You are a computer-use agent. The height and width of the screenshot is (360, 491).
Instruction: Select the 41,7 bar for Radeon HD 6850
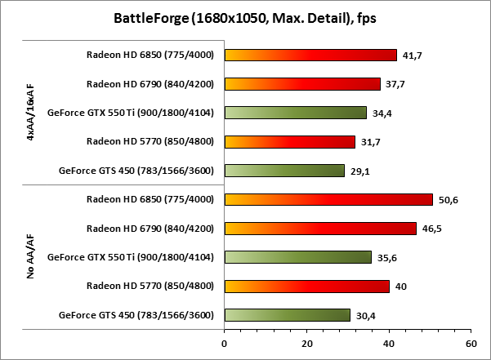pos(310,56)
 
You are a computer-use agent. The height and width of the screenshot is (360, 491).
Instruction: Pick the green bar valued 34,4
pos(295,113)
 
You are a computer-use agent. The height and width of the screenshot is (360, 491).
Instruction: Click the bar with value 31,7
pos(289,142)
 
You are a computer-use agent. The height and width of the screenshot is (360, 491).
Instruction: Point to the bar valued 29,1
pos(284,171)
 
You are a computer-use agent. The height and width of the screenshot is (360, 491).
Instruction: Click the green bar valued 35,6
pos(297,257)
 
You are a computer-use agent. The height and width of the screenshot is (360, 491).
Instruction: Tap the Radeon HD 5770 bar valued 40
pos(306,286)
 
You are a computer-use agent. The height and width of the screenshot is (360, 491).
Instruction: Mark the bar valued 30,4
pos(287,315)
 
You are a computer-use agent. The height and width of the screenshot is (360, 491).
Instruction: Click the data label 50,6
pos(447,199)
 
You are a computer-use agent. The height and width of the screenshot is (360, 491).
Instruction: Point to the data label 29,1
pos(359,171)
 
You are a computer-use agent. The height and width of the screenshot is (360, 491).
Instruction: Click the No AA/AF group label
pos(30,257)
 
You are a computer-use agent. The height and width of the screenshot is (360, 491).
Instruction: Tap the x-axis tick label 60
pos(471,344)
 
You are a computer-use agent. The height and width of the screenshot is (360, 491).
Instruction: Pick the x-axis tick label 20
pos(306,344)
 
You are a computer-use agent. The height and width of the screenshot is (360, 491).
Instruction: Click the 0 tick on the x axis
pos(224,344)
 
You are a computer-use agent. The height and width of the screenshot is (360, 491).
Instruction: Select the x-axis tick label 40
pos(389,344)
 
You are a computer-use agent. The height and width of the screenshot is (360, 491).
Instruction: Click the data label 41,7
pos(410,56)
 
